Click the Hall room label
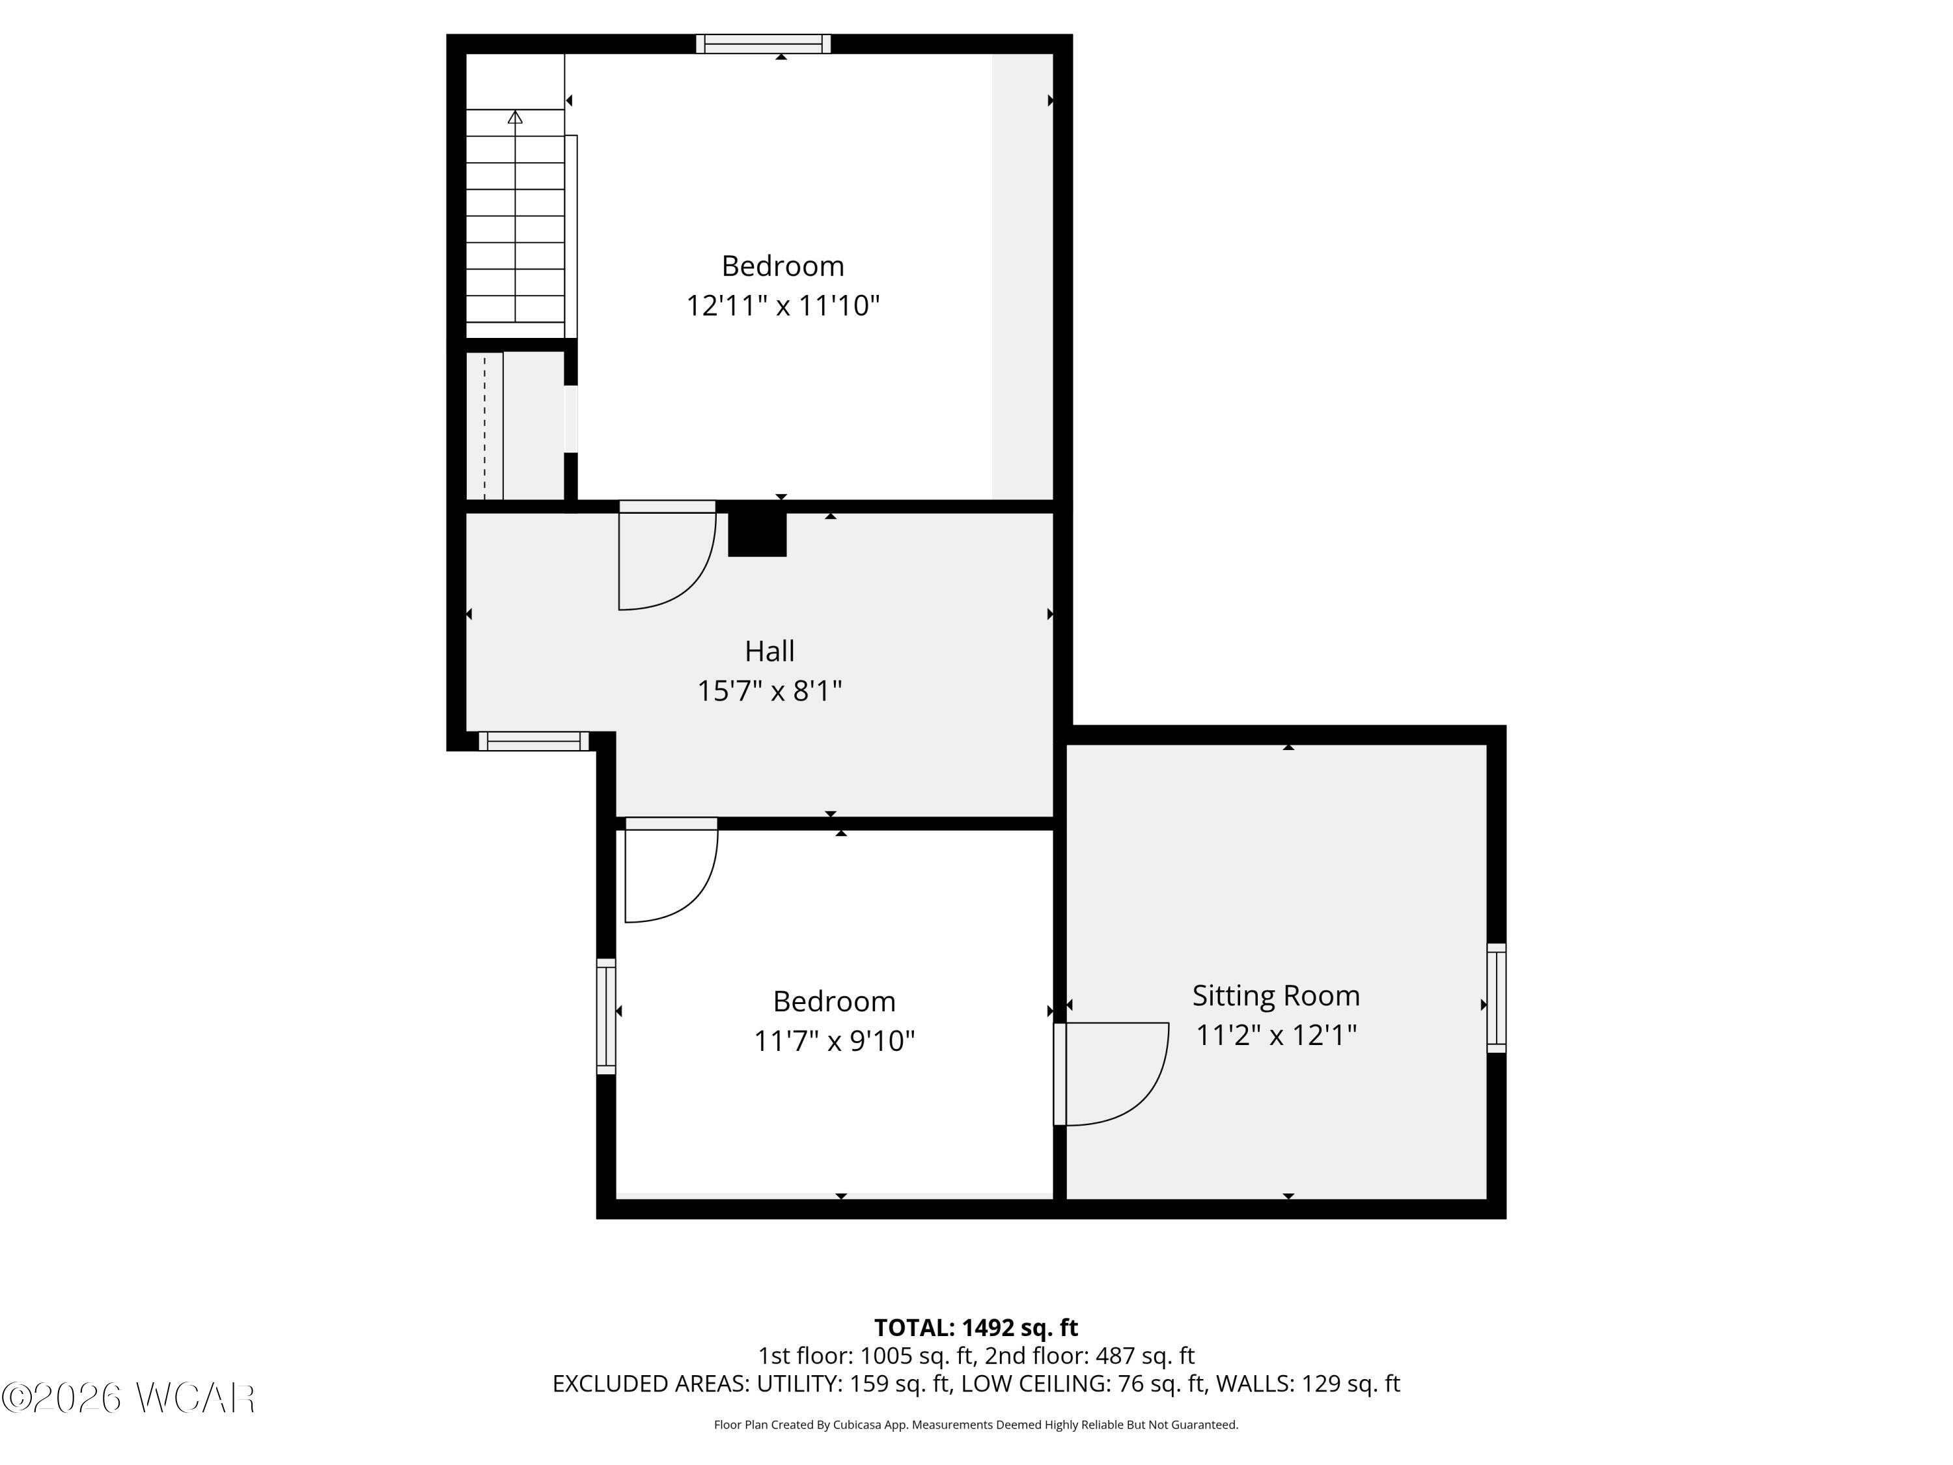coord(769,651)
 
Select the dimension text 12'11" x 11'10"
coord(783,305)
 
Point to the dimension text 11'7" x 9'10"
coord(833,1041)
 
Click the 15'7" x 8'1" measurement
coord(769,691)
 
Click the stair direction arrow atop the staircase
coord(515,117)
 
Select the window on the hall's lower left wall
coord(533,741)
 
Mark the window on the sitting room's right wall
coord(1495,998)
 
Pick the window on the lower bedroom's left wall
coord(605,1016)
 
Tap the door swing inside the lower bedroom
coord(671,874)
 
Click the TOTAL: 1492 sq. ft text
coord(976,1327)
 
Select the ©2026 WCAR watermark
coord(128,1397)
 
